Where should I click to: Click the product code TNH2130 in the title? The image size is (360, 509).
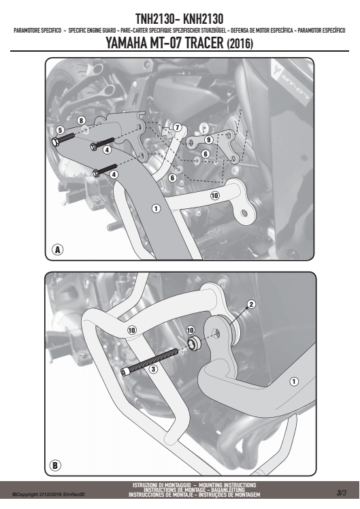click(x=155, y=19)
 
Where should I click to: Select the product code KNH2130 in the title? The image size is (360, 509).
click(x=203, y=19)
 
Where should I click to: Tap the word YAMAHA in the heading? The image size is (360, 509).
click(x=127, y=43)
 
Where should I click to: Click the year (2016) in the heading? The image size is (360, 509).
click(x=240, y=44)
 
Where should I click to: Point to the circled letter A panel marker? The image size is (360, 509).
click(x=57, y=250)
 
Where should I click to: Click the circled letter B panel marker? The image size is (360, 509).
click(x=55, y=465)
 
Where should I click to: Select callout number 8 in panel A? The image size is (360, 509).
click(x=81, y=120)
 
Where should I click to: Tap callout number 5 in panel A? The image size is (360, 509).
click(x=60, y=130)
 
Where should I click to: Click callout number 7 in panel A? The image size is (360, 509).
click(x=177, y=127)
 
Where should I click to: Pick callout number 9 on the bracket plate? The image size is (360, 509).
click(x=208, y=139)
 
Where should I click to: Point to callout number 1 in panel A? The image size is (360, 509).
click(x=156, y=208)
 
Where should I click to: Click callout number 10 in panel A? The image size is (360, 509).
click(x=214, y=195)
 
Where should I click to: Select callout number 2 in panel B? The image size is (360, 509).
click(x=251, y=304)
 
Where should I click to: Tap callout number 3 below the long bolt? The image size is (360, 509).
click(x=153, y=369)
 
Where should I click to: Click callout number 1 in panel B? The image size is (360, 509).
click(x=294, y=382)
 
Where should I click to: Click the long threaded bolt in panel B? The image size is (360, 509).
click(x=150, y=361)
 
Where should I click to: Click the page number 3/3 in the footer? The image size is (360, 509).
click(x=342, y=493)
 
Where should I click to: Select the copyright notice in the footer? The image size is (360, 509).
click(x=48, y=495)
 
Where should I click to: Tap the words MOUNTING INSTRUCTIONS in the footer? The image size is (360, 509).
click(x=227, y=485)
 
